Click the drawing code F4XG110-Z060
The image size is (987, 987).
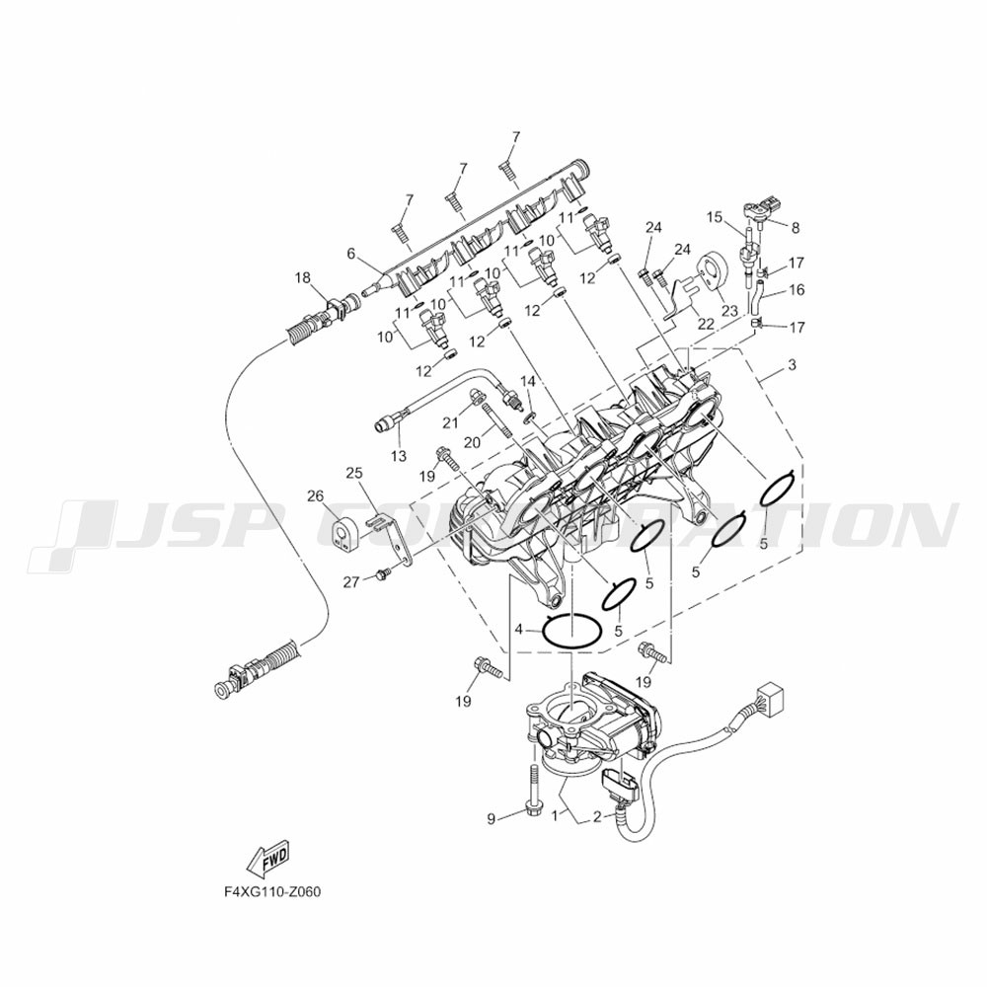tap(272, 891)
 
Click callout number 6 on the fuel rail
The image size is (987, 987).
tap(350, 254)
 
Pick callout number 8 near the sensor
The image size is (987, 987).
tap(795, 227)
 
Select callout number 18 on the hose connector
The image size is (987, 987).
tap(302, 278)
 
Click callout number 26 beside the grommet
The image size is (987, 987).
tap(315, 495)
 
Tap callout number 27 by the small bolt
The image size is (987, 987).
tap(351, 582)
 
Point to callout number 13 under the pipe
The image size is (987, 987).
tap(398, 456)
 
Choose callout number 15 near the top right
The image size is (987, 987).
tap(715, 216)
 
